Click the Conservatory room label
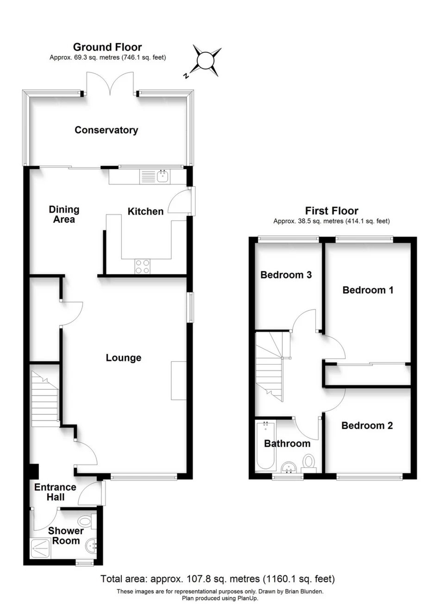[106, 130]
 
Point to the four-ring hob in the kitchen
[143, 266]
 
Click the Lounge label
[124, 358]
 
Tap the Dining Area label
[64, 214]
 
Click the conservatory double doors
[110, 84]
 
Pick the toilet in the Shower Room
[86, 521]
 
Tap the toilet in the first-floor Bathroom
[309, 462]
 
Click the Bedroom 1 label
[368, 290]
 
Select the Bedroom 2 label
[367, 425]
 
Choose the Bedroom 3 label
[286, 275]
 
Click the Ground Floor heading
[107, 47]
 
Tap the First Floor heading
[331, 211]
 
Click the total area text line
[218, 579]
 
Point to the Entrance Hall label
[55, 492]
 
